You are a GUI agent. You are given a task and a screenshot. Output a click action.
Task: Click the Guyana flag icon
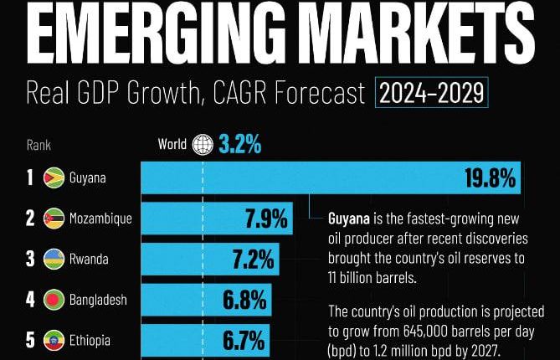click(54, 178)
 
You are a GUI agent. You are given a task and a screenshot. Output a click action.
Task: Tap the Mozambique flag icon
click(54, 219)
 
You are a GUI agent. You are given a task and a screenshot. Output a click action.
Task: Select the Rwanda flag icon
click(54, 260)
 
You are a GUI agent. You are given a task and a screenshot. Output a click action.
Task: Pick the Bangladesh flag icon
click(54, 300)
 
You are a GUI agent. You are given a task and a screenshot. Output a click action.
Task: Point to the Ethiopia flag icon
click(54, 341)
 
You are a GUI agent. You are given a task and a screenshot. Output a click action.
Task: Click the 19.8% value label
click(491, 178)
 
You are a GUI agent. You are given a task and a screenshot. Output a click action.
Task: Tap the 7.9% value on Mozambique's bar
click(266, 219)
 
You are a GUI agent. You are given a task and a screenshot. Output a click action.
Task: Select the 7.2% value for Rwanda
click(254, 260)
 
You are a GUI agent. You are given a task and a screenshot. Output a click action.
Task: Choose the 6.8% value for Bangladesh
click(244, 300)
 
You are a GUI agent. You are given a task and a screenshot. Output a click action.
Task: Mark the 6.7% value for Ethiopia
click(242, 341)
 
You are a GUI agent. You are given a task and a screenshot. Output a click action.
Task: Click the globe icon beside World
click(203, 145)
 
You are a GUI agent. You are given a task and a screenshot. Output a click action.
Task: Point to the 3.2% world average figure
click(240, 145)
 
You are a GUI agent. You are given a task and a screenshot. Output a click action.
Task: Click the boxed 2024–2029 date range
click(432, 91)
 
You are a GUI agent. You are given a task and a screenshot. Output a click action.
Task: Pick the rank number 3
click(29, 260)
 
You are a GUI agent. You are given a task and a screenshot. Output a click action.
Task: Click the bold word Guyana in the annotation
click(349, 219)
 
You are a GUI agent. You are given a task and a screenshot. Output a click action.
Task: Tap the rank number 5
click(29, 341)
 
